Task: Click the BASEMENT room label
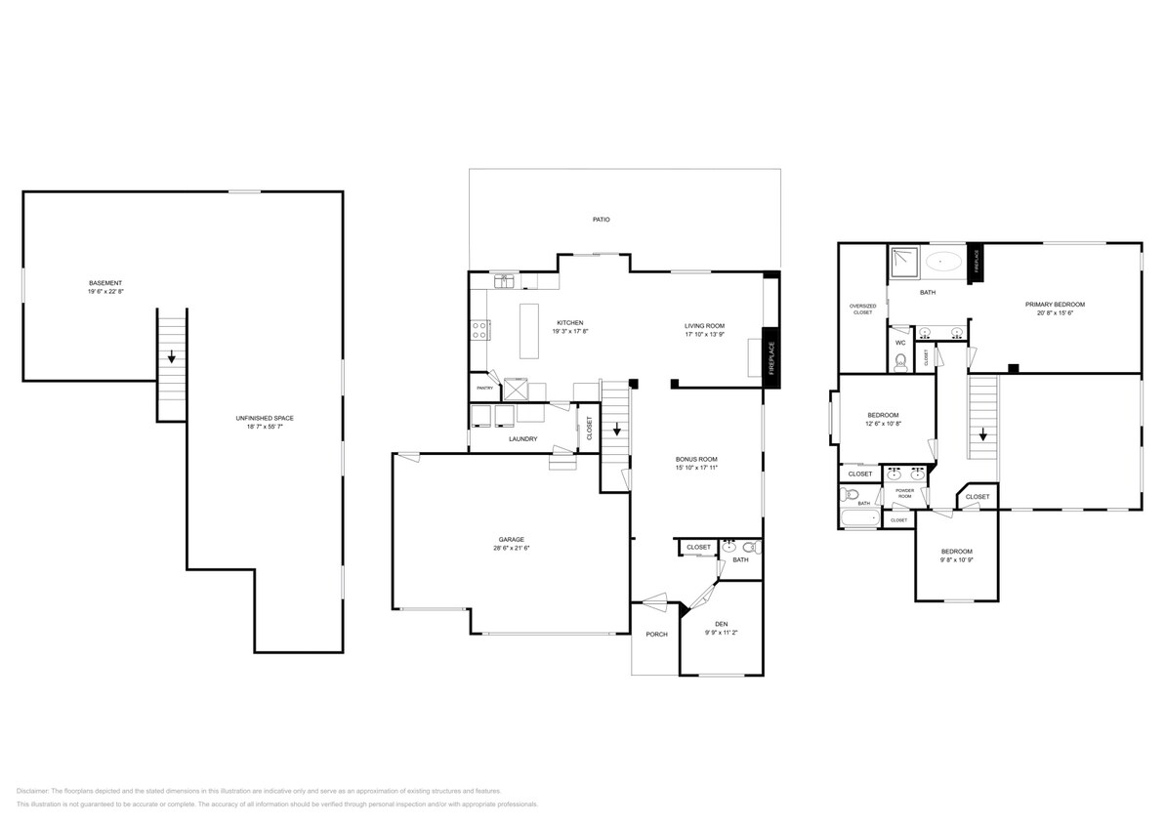tap(105, 283)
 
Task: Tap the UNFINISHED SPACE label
tap(265, 418)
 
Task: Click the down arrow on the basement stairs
tap(172, 357)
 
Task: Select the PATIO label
tap(602, 220)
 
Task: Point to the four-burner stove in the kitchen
tap(480, 330)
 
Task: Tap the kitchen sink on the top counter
tap(505, 281)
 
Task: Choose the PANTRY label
tap(484, 389)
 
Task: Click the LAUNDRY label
tap(522, 439)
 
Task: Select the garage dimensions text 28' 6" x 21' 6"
tap(512, 549)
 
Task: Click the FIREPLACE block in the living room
tap(770, 358)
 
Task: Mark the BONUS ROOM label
tap(696, 459)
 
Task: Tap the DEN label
tap(721, 624)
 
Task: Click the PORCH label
tap(656, 635)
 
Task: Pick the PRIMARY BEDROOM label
tap(1055, 305)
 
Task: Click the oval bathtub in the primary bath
tap(943, 261)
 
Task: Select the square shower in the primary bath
tap(901, 260)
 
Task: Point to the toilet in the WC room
tap(900, 361)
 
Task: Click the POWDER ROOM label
tap(904, 491)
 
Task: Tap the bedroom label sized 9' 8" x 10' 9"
tap(956, 552)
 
